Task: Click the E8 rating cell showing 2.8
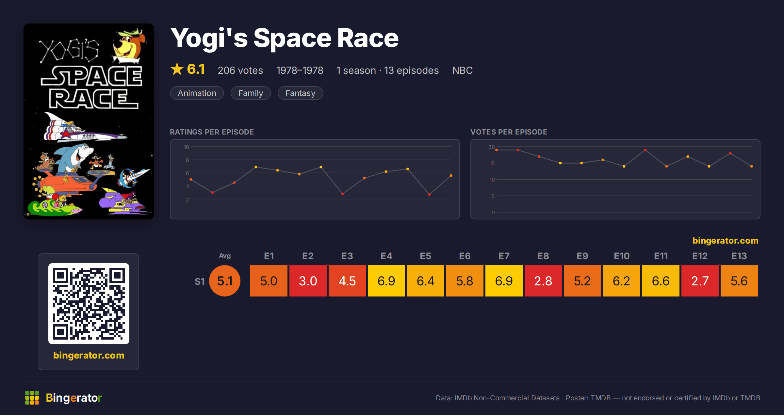pos(543,281)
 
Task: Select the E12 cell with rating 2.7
pos(700,281)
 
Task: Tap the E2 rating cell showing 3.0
pos(308,281)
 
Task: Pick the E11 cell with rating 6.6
pos(661,281)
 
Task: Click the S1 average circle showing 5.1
pos(225,281)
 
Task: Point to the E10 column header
pos(621,256)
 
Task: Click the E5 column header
pos(425,256)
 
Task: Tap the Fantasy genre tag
pos(300,93)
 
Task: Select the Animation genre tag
pos(197,93)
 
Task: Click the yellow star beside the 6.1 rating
pos(177,69)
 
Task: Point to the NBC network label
pos(462,70)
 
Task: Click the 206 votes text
pos(240,70)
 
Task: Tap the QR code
pos(89,304)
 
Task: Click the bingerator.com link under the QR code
pos(89,355)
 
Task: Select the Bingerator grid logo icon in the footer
pos(32,398)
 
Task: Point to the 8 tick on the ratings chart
pos(188,160)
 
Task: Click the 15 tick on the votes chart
pos(492,163)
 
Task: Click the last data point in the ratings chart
pos(451,176)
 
